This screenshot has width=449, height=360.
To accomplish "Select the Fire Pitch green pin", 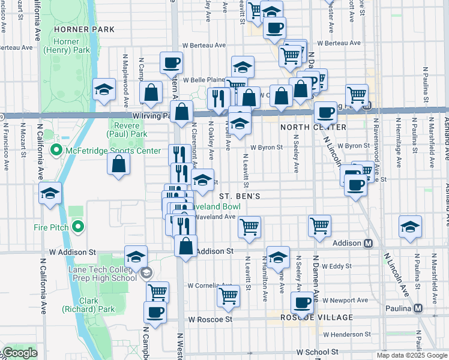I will pyautogui.click(x=77, y=227).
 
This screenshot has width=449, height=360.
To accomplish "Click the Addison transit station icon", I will pyautogui.click(x=369, y=243).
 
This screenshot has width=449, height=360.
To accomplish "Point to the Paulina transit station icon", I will pyautogui.click(x=418, y=308).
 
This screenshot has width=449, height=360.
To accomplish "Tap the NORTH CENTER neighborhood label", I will pyautogui.click(x=313, y=127).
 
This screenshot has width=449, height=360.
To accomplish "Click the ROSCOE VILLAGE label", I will pyautogui.click(x=317, y=317).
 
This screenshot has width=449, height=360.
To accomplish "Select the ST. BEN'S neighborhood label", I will pyautogui.click(x=239, y=196).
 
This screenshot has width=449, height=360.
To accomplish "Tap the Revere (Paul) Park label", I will pyautogui.click(x=127, y=130).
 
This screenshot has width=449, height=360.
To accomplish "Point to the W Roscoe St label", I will pyautogui.click(x=209, y=320).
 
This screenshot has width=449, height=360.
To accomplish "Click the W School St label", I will pyautogui.click(x=318, y=352).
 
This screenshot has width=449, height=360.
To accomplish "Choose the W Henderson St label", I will pyautogui.click(x=349, y=334).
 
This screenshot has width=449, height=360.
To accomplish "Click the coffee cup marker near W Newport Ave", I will pyautogui.click(x=302, y=302).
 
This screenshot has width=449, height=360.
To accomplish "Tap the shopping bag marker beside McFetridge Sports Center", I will pyautogui.click(x=119, y=163).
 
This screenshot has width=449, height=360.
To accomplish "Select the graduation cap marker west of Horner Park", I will pyautogui.click(x=104, y=90).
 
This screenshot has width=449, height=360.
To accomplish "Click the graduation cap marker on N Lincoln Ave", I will pyautogui.click(x=410, y=226).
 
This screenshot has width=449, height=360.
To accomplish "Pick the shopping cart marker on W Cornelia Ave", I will pyautogui.click(x=228, y=295).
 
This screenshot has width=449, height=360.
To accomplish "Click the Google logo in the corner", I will pyautogui.click(x=20, y=353).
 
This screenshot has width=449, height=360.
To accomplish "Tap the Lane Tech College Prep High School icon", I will pyautogui.click(x=146, y=274).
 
